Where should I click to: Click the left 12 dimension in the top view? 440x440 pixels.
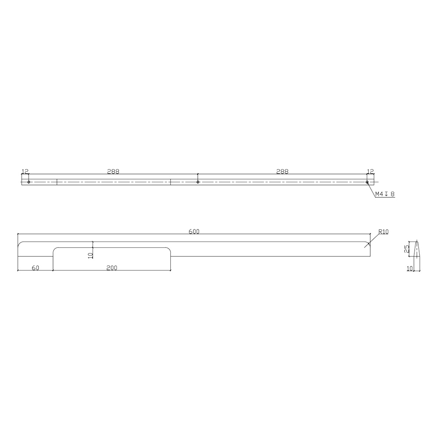pyautogui.click(x=25, y=171)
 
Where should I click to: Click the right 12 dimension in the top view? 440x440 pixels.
pyautogui.click(x=370, y=171)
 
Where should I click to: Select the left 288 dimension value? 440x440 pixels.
pyautogui.click(x=113, y=171)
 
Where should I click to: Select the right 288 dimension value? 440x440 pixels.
pyautogui.click(x=282, y=171)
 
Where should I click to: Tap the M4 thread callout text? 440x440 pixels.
pyautogui.click(x=385, y=194)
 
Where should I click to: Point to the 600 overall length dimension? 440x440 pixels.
pyautogui.click(x=194, y=231)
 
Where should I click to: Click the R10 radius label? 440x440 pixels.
pyautogui.click(x=383, y=232)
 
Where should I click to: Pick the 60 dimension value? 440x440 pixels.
pyautogui.click(x=35, y=268)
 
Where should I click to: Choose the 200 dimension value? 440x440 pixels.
pyautogui.click(x=112, y=268)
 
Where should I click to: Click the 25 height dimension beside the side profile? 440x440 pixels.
pyautogui.click(x=407, y=249)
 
